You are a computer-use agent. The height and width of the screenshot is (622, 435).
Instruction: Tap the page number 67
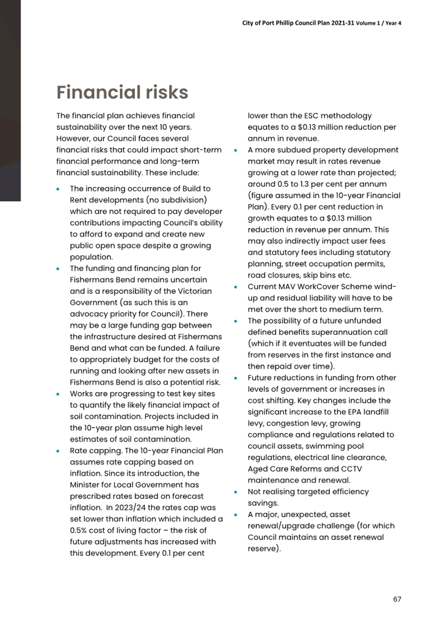pos(397,599)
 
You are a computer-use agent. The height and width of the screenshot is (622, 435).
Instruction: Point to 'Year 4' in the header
pos(394,23)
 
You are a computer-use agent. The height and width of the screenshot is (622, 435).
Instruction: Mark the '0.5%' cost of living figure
pos(78,530)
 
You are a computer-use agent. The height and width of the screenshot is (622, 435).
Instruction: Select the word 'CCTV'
pos(351,469)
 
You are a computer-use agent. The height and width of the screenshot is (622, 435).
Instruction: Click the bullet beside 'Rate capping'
pos(58,451)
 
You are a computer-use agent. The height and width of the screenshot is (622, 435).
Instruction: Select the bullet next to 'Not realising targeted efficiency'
pos(236,492)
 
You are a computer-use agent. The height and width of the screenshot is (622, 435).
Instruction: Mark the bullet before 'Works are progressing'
pos(58,394)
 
